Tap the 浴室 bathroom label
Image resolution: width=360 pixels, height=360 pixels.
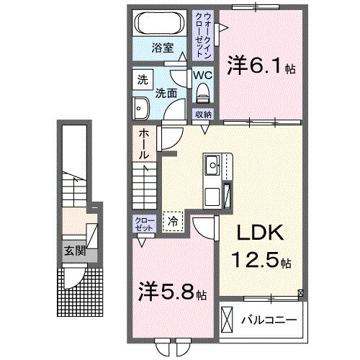(163, 48)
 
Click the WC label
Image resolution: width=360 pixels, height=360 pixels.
(202, 74)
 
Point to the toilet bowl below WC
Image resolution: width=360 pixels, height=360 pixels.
(202, 92)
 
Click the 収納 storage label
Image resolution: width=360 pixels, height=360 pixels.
(202, 115)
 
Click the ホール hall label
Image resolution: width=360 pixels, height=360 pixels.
(143, 144)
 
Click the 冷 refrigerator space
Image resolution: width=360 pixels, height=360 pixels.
(174, 221)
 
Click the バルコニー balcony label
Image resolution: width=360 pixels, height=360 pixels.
(269, 318)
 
